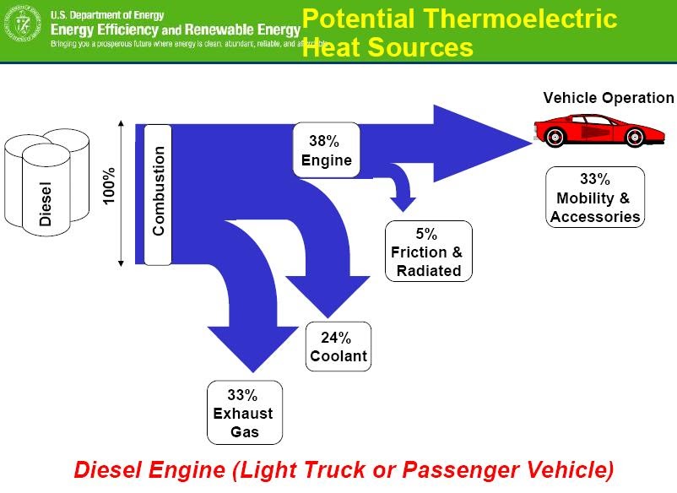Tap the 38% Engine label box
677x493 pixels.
click(326, 150)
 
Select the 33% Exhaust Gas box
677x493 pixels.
click(244, 413)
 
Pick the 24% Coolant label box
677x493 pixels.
click(338, 347)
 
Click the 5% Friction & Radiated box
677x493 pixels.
click(428, 252)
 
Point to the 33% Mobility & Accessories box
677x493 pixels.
click(595, 198)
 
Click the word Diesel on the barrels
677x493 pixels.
click(46, 203)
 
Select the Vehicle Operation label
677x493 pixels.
click(608, 98)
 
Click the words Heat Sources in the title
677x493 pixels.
click(387, 47)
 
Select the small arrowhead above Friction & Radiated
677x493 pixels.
click(403, 202)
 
